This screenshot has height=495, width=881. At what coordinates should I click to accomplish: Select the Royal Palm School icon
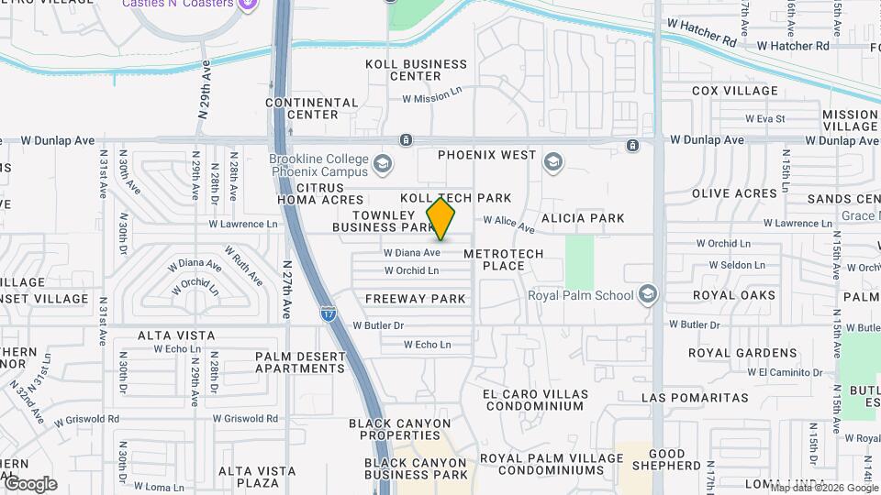tap(648, 294)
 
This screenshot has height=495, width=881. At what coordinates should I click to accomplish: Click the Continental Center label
tap(312, 108)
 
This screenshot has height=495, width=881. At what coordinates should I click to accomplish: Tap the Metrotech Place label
tap(504, 259)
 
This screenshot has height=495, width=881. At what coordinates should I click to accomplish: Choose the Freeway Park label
tap(417, 299)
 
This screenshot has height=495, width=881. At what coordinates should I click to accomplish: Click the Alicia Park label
tap(583, 218)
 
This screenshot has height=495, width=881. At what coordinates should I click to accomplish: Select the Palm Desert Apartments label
tap(300, 362)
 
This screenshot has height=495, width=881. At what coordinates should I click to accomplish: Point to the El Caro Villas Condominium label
tap(533, 400)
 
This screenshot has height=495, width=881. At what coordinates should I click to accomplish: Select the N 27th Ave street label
tap(286, 290)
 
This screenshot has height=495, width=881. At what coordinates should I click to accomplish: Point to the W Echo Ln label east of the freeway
tap(428, 345)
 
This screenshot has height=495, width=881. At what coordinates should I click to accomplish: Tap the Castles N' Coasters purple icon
tap(246, 5)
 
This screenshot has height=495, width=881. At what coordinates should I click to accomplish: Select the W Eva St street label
tap(765, 118)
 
